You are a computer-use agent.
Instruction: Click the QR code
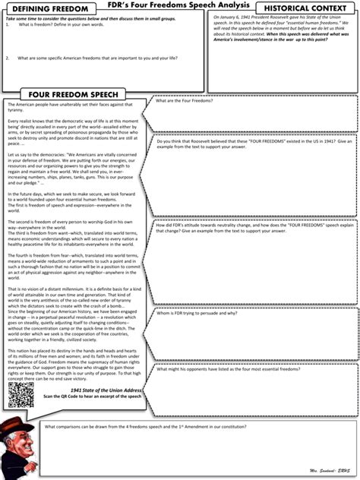(x=21, y=394)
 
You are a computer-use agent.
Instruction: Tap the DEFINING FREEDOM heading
(x=43, y=8)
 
